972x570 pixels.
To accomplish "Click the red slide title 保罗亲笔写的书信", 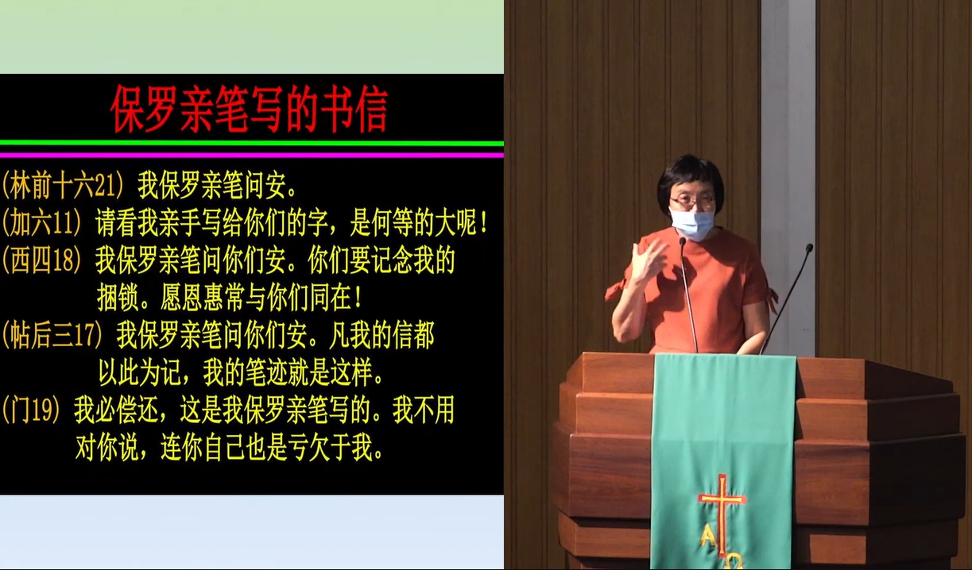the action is point(249,109).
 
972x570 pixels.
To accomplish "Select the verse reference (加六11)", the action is point(41,223).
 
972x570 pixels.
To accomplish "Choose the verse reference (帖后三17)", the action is point(52,335).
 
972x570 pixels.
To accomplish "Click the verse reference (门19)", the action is point(31,410).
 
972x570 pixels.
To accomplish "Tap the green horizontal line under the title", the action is point(252,144).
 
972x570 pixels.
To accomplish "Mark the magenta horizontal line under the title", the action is point(252,155).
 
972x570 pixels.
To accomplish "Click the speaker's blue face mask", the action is point(692,223).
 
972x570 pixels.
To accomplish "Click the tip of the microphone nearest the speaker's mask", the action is point(682,241).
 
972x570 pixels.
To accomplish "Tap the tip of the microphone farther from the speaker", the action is point(809,248).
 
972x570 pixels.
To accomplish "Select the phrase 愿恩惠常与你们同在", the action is point(261,298).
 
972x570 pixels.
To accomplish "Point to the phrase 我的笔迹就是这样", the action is point(293,372).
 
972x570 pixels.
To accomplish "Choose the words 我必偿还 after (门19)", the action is point(116,410).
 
